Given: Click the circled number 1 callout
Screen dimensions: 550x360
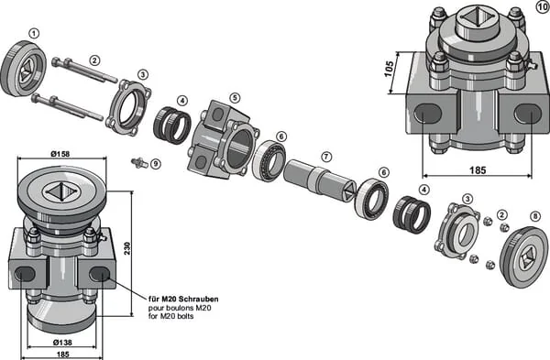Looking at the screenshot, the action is click(34, 34).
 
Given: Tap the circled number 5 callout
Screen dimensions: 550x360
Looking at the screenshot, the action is click(235, 98).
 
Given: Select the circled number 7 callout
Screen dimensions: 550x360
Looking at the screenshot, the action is click(326, 157).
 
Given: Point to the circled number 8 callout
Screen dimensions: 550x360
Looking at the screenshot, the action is click(535, 217).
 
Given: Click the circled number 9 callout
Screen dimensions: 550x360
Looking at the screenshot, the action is click(156, 164).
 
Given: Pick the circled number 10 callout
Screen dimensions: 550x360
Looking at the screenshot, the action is click(543, 7).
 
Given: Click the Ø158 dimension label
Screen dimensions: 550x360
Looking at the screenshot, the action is click(60, 154).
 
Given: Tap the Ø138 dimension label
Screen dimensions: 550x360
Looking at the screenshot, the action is click(62, 343).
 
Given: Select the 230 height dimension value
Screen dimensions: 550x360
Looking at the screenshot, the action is click(127, 248).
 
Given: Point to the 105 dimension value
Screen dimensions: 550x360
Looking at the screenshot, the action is click(389, 69).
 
